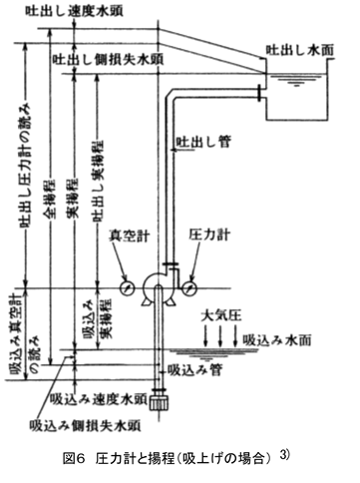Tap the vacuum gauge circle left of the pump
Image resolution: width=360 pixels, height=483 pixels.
126,286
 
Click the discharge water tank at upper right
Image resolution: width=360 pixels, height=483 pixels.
294,97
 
